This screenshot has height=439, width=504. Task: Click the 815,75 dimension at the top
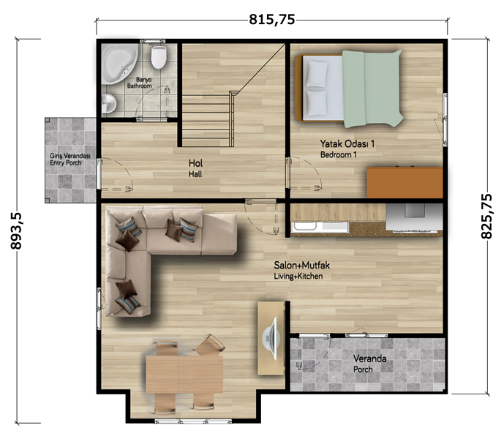coord(272,20)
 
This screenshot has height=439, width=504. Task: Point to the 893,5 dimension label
coord(16,230)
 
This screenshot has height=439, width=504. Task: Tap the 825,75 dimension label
coord(486,216)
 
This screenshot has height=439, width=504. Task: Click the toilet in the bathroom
coord(159,57)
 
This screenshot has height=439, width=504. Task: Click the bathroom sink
coord(109,104)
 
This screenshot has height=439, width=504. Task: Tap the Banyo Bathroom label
coord(140,83)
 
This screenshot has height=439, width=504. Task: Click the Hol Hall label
coord(195,168)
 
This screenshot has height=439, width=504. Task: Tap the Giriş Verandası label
coord(69,156)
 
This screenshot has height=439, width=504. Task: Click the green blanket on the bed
coord(372,89)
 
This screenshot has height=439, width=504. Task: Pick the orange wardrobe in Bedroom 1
coord(405,182)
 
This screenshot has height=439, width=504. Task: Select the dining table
coord(184,374)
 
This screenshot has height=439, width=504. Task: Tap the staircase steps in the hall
coord(206,121)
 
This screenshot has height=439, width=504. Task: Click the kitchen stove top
coord(414,217)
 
